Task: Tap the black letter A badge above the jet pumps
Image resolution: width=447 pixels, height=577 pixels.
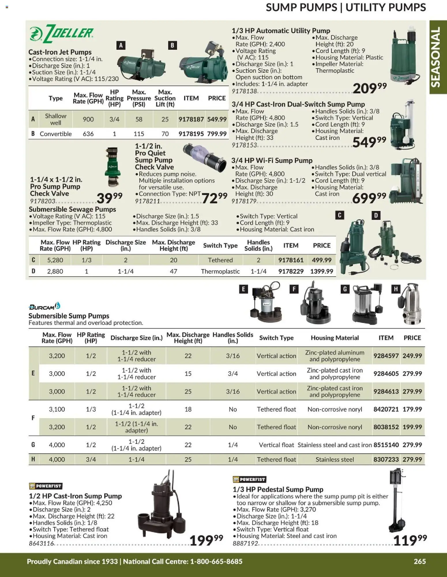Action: click(121, 45)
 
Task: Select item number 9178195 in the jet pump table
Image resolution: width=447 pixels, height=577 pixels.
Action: click(191, 134)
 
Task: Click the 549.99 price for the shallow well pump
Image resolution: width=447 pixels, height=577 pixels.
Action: click(217, 119)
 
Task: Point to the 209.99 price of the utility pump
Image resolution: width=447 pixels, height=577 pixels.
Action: click(369, 88)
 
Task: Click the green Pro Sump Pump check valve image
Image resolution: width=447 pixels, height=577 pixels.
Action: click(112, 167)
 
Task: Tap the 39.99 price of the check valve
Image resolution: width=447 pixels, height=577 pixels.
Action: click(109, 198)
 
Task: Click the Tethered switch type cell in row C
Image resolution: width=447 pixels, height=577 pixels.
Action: click(220, 260)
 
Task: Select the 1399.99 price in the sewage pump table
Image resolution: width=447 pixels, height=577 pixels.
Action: click(322, 271)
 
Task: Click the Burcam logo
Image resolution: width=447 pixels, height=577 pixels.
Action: click(44, 306)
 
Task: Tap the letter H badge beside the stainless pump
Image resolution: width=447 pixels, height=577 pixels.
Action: click(396, 289)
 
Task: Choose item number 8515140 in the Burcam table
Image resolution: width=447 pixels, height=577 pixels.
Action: click(386, 445)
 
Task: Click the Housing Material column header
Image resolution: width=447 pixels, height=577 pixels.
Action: click(335, 338)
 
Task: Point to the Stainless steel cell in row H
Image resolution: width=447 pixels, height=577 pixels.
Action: click(335, 459)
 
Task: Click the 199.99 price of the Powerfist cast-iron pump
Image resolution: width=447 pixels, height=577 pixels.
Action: click(206, 540)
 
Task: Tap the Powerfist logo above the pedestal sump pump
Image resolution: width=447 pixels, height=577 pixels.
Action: click(249, 479)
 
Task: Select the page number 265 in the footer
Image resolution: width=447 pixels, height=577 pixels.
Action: click(420, 561)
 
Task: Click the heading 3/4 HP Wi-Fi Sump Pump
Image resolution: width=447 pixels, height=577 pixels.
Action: click(272, 160)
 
